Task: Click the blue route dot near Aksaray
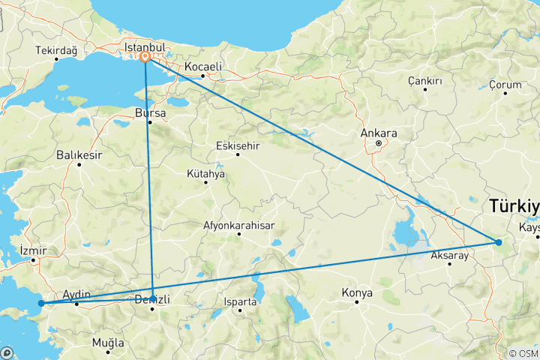pos(498,241)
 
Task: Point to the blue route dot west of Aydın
pos(41,304)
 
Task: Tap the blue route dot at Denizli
pos(153,298)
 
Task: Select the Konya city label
pos(357,292)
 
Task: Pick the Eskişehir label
pos(237,145)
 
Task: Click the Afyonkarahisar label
pos(238,225)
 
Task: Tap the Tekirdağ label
pos(55,51)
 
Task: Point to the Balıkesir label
pos(78,155)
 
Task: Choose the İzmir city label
pos(34,250)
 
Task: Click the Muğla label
pos(107,342)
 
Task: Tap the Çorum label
pos(505,85)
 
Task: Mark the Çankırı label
pos(424,80)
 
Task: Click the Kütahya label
pos(205,173)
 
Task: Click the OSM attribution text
pos(523,353)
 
